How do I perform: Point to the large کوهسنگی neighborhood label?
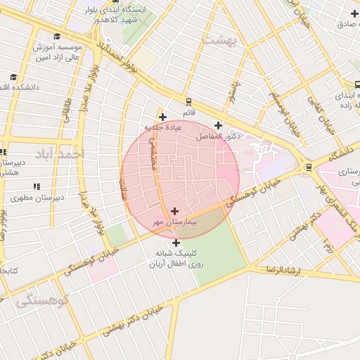[42, 301]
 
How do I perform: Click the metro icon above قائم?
[188, 102]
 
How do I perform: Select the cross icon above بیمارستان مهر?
[174, 210]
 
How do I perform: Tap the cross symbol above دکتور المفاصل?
[218, 124]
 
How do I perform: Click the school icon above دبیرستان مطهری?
[35, 186]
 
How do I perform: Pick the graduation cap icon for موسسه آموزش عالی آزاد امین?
[56, 37]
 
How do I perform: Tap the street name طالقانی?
[67, 112]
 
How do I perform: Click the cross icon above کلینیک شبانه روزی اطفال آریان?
[176, 243]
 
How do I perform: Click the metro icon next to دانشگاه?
[309, 167]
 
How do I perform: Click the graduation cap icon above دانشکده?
[13, 77]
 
